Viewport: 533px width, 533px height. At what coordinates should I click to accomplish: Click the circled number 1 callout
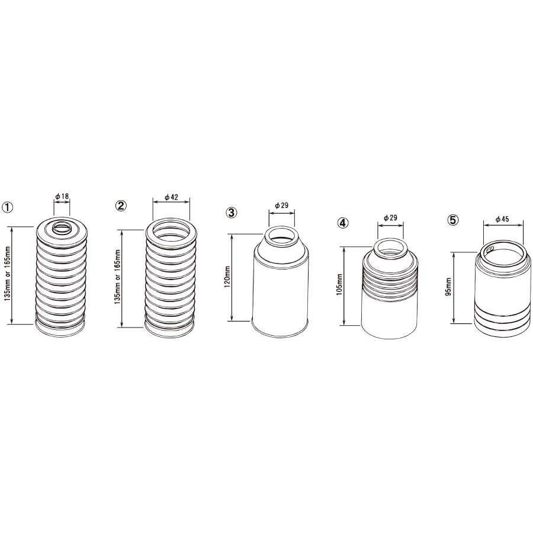pos(8,207)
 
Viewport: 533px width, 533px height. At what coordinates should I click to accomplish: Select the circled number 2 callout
pos(121,206)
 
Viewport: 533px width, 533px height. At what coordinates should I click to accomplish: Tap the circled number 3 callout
pos(232,213)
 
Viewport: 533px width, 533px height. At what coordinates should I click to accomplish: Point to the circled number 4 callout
pos(343,223)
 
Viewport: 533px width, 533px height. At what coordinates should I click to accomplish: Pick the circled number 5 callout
pos(453,220)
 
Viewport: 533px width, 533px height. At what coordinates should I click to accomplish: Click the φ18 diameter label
pos(62,196)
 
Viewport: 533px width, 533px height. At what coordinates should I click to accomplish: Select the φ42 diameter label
pos(171,197)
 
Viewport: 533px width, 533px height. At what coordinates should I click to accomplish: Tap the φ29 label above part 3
pos(281,206)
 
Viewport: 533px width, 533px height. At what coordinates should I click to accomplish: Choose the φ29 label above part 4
pos(390,218)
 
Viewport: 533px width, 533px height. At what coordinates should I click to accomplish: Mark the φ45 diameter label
pos(502,219)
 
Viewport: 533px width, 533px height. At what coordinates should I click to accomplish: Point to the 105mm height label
pos(339,284)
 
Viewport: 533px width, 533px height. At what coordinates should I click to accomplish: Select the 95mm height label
pos(448,287)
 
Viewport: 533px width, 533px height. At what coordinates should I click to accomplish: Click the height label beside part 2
pos(118,277)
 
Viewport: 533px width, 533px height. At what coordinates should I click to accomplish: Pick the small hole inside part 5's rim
pos(490,250)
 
